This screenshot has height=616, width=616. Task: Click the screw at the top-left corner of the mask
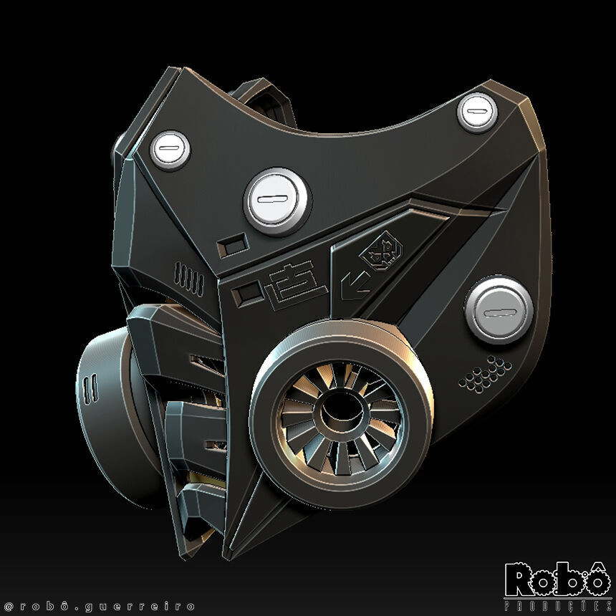coord(170,150)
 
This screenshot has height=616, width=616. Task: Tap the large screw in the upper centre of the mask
coord(277,201)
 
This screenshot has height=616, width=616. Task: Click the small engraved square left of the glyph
coord(249,292)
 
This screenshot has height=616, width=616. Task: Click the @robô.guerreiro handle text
coord(99,605)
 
